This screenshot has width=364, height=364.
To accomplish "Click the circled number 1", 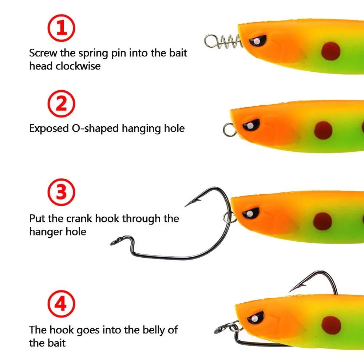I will click(62, 28).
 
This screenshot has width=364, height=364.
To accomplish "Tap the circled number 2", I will click(62, 103).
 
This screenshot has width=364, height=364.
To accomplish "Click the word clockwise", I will click(78, 66).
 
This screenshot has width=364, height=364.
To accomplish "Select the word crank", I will click(79, 218).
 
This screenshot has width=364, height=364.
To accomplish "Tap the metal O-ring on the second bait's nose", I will click(230, 129).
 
